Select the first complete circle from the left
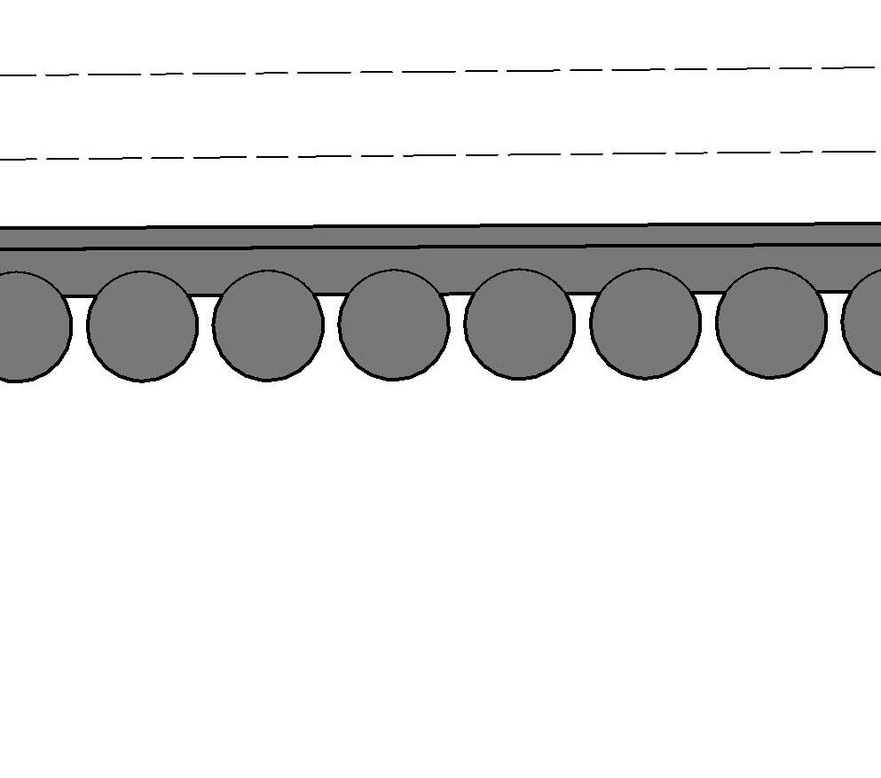[x=142, y=326]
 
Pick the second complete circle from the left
[x=268, y=326]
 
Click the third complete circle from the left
[x=394, y=325]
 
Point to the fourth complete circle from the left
[x=520, y=324]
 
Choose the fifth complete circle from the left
[x=646, y=323]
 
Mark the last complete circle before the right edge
[x=771, y=322]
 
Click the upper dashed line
[x=444, y=71]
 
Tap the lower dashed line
[x=444, y=155]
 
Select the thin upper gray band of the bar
[x=444, y=237]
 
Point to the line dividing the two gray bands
[x=444, y=248]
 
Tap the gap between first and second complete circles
[x=205, y=311]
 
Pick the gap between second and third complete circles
[x=331, y=310]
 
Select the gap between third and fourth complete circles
[x=457, y=310]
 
